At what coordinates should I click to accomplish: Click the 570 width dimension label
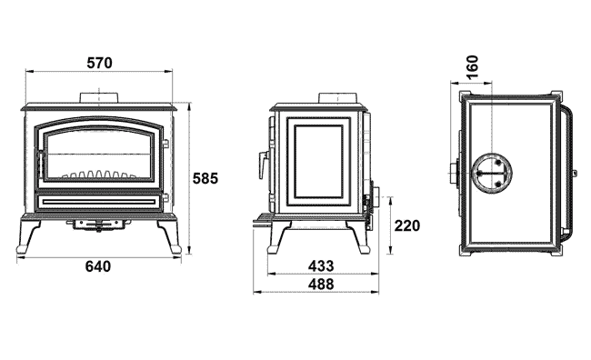99,63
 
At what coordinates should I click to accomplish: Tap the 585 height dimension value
205,178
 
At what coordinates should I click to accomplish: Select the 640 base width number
98,266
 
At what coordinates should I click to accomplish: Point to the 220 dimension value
407,225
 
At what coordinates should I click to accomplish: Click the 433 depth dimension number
321,266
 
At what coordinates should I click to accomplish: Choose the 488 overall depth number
321,284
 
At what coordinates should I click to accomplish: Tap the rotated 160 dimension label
472,67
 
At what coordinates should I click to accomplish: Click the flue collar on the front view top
99,97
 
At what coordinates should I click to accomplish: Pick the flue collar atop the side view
337,97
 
